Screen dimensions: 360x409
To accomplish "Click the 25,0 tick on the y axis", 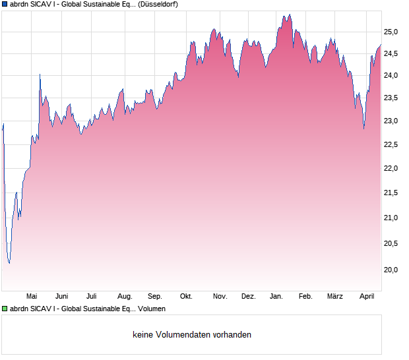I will pos(392,32).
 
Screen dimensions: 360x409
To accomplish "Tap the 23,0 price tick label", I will pos(392,121).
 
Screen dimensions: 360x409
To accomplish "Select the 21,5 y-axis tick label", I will pos(392,193).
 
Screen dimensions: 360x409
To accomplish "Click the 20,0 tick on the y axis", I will pos(392,270).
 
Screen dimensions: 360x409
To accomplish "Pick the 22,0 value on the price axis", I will pos(392,169).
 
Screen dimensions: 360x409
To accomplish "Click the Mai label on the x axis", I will pos(31,297).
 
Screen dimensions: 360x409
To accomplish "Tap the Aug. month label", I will pos(125,297).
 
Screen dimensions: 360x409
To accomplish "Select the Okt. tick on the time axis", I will pos(186,297).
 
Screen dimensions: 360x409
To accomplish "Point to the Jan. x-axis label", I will pos(276,297).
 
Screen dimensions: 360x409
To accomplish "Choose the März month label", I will pos(335,297).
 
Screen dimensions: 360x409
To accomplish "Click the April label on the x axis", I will pos(367,297).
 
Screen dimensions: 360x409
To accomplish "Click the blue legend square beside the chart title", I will pos(5,4).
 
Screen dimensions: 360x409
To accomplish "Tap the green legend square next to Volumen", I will pos(5,309).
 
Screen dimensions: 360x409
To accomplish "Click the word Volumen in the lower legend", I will pos(152,309).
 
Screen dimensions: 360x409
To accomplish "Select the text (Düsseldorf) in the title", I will pos(158,4).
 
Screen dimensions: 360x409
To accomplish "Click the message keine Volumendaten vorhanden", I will pos(191,335).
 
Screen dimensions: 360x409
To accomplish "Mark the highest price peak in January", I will pos(289,15).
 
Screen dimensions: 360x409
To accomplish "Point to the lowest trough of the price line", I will pos(9,262).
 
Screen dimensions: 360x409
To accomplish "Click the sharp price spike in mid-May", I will pos(40,75).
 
